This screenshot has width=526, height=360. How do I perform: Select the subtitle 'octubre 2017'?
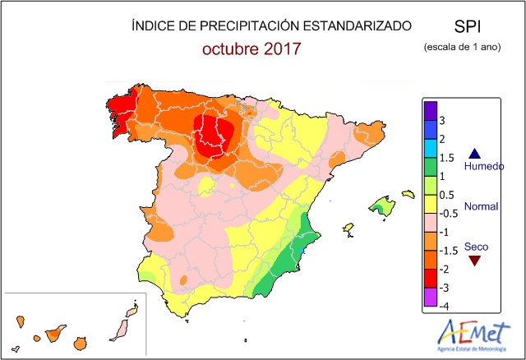251,48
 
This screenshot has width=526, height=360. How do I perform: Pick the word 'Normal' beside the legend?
481,206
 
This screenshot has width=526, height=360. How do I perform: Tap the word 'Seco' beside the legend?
476,246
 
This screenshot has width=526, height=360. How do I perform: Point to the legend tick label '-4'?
443,306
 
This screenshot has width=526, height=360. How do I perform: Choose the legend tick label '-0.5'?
448,213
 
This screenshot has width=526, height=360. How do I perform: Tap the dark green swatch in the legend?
430,167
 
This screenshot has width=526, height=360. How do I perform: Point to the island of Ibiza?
348,228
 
